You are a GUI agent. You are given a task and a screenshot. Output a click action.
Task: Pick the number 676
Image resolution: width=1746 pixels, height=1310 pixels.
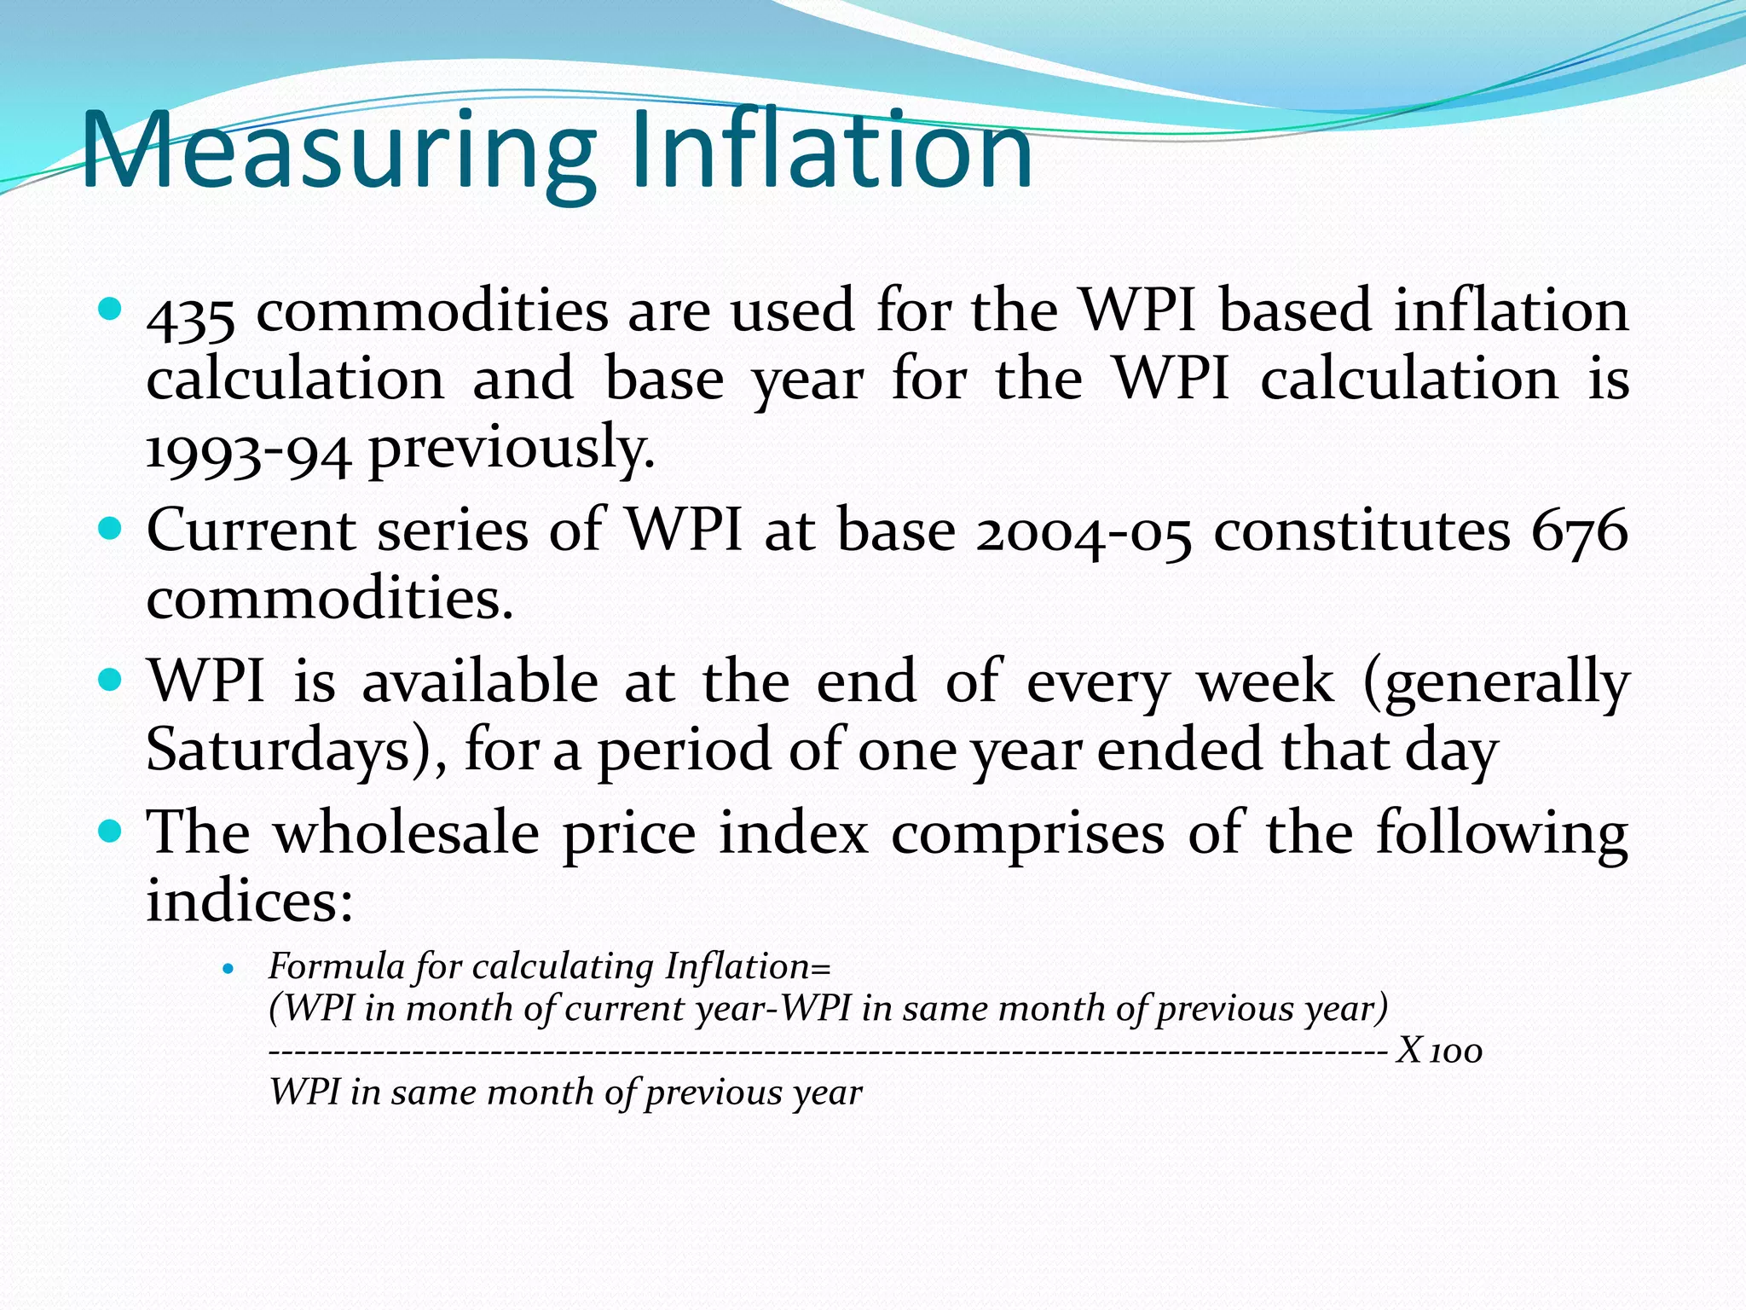coord(1580,531)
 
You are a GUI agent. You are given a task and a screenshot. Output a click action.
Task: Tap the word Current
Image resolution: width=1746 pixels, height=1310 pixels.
coord(251,531)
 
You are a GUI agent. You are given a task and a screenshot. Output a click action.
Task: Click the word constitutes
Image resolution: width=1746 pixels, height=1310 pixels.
coord(1362,531)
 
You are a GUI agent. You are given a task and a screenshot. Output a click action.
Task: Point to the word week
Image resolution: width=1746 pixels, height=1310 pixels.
coord(1266,683)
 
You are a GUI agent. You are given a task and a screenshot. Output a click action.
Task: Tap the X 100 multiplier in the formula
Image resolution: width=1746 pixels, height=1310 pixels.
coord(1440,1051)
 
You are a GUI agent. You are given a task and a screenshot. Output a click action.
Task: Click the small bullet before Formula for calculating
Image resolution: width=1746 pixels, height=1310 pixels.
coord(227,969)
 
